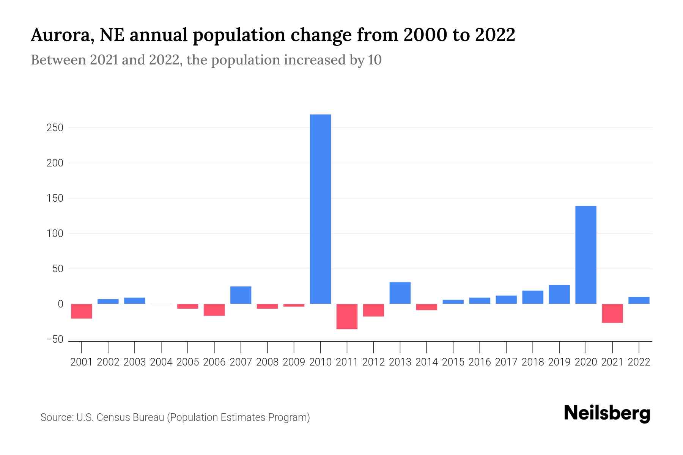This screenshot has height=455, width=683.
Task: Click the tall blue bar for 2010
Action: pyautogui.click(x=320, y=209)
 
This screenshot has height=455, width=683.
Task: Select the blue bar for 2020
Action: pyautogui.click(x=585, y=255)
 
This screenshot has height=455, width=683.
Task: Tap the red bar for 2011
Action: pyautogui.click(x=347, y=316)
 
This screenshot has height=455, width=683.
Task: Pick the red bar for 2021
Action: pyautogui.click(x=612, y=313)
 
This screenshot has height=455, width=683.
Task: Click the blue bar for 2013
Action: pyautogui.click(x=400, y=293)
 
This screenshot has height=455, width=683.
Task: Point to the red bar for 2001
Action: pyautogui.click(x=82, y=311)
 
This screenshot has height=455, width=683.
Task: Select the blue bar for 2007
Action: pyautogui.click(x=241, y=295)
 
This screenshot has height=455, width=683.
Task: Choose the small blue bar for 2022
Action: pyautogui.click(x=639, y=300)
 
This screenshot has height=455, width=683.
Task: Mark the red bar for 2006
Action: pyautogui.click(x=214, y=310)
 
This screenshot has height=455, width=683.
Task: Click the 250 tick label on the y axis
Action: pyautogui.click(x=55, y=128)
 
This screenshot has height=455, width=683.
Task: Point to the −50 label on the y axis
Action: pyautogui.click(x=55, y=339)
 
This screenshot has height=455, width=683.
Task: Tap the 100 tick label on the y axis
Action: pyautogui.click(x=55, y=234)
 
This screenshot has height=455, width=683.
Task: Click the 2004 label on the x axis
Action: pyautogui.click(x=161, y=362)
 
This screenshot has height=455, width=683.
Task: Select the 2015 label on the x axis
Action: pyautogui.click(x=453, y=362)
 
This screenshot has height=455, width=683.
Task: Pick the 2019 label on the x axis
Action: pyautogui.click(x=559, y=362)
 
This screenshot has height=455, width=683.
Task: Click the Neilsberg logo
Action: pyautogui.click(x=607, y=413)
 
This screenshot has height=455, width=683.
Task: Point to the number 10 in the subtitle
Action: pyautogui.click(x=375, y=60)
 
